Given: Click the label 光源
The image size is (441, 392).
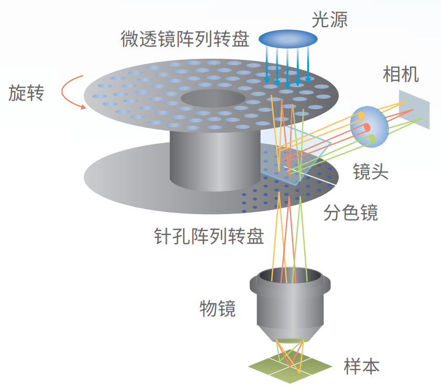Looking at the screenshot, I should tap(329, 19).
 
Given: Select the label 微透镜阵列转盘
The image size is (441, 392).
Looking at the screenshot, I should tap(185, 39).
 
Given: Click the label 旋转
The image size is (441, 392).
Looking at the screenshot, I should tap(27, 93).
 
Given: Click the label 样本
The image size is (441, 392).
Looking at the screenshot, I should tap(362, 365).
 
